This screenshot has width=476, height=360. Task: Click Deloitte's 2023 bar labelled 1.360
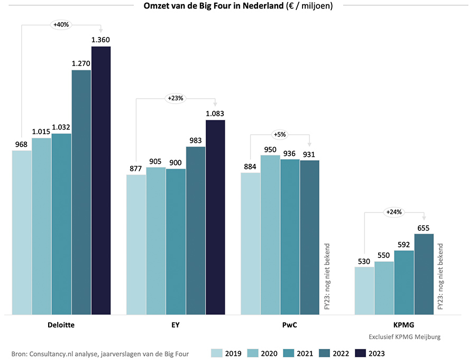coord(101,180)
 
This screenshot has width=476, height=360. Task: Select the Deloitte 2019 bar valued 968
coord(22,233)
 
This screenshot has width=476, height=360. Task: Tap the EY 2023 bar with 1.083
coord(215,217)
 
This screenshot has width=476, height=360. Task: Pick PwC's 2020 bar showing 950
coord(270,235)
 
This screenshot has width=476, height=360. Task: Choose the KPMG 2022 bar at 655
coord(424,274)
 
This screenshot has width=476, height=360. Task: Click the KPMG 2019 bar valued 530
coord(364,291)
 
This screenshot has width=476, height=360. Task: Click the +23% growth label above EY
coord(176,98)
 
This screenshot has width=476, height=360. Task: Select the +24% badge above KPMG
coord(394,212)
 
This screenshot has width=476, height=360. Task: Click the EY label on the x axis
coord(175,325)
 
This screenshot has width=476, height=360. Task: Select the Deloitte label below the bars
coord(61,325)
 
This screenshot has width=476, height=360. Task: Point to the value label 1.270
coord(81,63)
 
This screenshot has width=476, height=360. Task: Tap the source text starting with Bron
coord(100,353)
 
